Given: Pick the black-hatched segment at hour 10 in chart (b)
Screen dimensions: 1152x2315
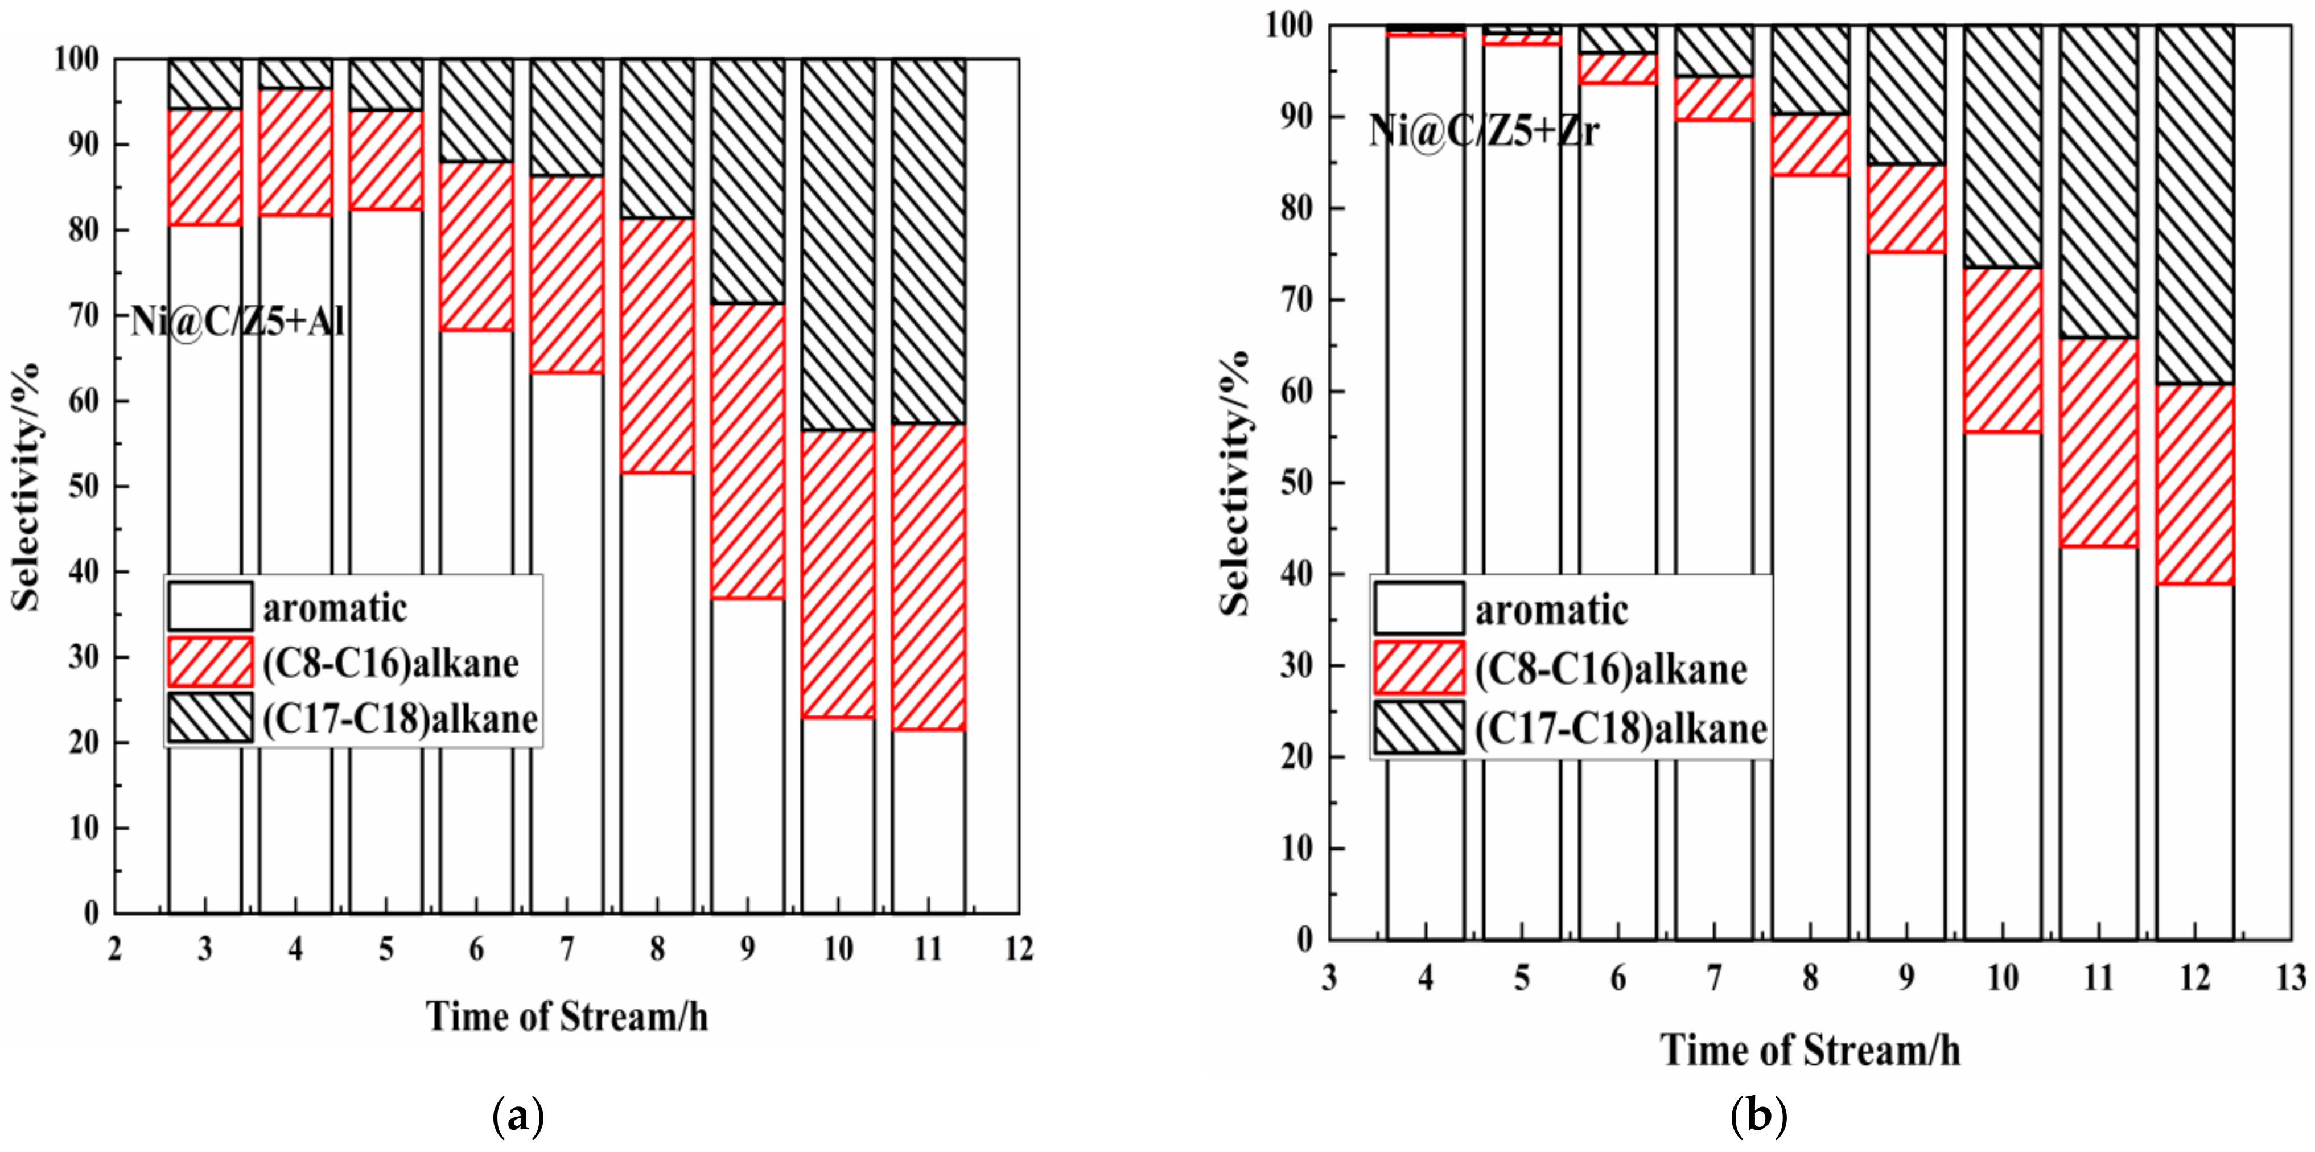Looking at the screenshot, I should pos(2002,146).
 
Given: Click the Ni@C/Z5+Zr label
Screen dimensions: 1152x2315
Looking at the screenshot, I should pos(1484,131).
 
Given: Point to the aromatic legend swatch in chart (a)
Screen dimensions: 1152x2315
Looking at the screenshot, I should pos(209,607).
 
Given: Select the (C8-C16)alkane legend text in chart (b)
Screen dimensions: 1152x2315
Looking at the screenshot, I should pos(1610,669).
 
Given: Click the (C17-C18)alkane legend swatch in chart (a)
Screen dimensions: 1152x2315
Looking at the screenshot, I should pos(209,717).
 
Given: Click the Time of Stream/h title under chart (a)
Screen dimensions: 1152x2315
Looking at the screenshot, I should pos(566,1017).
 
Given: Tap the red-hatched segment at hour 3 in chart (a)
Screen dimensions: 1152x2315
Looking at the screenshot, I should pos(205,167).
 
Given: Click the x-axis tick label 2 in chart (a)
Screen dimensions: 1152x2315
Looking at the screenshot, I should pos(114,949).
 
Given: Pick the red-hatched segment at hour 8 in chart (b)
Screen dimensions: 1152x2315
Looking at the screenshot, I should pos(1810,145).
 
